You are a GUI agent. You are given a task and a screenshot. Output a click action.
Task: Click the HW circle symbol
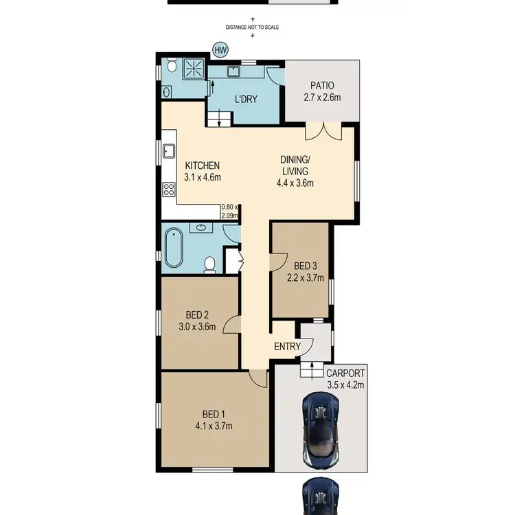point(220,50)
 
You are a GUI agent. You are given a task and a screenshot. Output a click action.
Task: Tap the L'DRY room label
point(246,100)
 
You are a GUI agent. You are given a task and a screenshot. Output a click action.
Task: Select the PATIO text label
point(321,86)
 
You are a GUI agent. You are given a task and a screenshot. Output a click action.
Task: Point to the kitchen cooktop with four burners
point(168,190)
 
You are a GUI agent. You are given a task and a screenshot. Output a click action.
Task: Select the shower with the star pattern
point(195,67)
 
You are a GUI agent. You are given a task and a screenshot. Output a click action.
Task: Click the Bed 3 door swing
point(278,259)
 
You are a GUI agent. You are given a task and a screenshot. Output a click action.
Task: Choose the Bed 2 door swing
point(232,325)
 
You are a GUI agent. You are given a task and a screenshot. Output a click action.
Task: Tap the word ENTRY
point(287,347)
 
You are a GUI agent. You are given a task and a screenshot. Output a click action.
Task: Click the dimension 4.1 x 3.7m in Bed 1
point(214,426)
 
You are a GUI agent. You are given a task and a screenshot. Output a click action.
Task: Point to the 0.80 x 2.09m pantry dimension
point(230,211)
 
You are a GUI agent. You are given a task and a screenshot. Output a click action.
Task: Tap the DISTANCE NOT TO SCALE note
point(253,28)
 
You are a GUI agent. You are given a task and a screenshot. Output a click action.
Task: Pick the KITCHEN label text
point(202,165)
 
